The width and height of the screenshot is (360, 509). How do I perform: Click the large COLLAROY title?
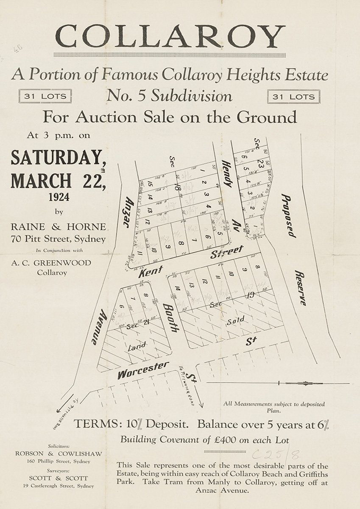(170, 36)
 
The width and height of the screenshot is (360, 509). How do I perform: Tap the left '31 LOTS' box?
(45, 96)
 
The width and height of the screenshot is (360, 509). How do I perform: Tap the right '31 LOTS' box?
(293, 97)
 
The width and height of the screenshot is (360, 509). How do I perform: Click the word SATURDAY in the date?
(58, 158)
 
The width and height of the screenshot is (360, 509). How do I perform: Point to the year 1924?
(58, 197)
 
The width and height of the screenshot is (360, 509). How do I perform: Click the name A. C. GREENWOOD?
(51, 263)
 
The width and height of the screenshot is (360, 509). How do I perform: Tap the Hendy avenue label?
(227, 174)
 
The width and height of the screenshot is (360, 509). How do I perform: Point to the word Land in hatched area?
(137, 347)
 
